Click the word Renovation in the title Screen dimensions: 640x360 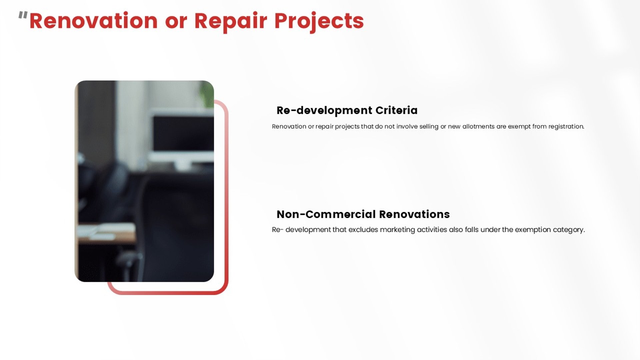93,21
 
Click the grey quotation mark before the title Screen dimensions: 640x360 23,15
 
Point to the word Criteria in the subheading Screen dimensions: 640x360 396,110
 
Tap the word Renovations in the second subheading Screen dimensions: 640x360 414,214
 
